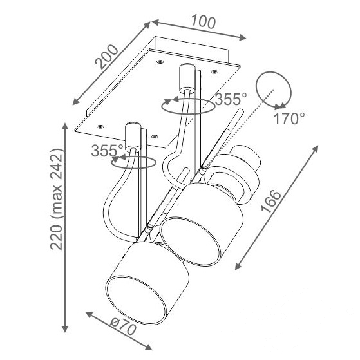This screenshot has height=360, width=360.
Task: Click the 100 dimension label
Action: pos(204,23)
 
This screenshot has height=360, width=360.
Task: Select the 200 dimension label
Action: pos(106,57)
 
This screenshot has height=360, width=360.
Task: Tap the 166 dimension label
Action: pos(271,201)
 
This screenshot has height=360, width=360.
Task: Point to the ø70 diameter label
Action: pos(123,327)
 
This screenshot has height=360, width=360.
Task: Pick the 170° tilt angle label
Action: pos(289,118)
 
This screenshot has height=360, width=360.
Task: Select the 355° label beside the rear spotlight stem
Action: pos(231,99)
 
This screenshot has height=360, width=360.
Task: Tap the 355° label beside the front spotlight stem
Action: pos(107,151)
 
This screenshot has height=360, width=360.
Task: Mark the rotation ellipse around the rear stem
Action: pos(188,113)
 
